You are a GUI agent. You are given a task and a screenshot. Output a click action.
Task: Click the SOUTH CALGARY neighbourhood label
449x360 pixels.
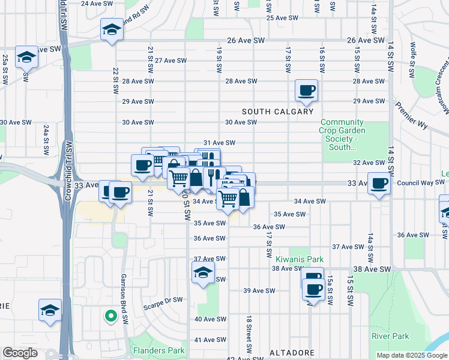tap(278, 112)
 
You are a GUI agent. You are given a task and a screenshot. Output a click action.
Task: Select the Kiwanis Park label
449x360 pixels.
tap(291, 259)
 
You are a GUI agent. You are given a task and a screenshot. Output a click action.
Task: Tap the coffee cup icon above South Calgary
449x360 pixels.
tap(307, 91)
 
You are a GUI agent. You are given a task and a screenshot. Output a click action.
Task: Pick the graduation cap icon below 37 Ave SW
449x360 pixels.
tap(203, 272)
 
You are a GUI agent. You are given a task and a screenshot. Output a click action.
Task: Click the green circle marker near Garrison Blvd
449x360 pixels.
tap(110, 315)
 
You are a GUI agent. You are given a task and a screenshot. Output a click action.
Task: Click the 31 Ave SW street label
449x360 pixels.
tap(218, 143)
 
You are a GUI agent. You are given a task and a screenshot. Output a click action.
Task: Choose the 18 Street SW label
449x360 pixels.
tap(247, 334)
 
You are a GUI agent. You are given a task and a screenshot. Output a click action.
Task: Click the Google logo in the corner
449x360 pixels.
tap(21, 352)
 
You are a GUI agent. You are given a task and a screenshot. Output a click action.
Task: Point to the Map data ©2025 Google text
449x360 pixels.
tap(411, 355)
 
